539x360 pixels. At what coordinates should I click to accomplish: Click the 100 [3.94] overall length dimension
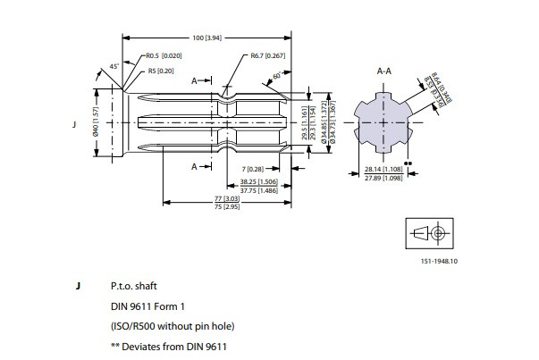pos(208,38)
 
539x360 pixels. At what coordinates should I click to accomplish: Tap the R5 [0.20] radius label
pos(160,71)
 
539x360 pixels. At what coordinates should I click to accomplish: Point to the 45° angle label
pos(114,66)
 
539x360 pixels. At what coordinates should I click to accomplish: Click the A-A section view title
pos(385,69)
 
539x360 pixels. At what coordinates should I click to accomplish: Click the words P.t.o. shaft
pos(133,288)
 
